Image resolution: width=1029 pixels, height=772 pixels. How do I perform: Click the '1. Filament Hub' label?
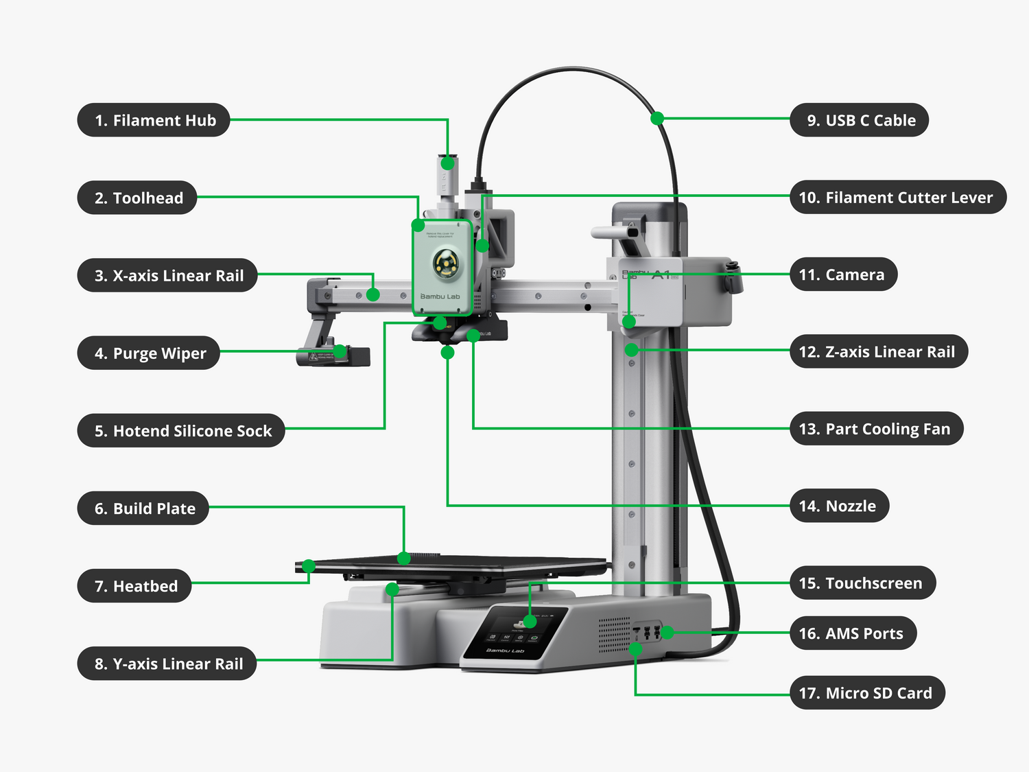(154, 120)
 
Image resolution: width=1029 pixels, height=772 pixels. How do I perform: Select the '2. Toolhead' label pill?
(137, 198)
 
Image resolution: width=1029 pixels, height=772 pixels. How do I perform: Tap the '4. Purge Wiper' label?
(149, 353)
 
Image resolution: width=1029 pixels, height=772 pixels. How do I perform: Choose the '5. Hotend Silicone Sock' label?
(181, 430)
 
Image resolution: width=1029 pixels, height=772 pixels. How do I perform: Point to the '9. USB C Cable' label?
(860, 120)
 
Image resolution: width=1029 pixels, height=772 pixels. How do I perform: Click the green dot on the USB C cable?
(657, 118)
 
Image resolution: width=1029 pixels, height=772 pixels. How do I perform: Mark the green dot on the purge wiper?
(340, 352)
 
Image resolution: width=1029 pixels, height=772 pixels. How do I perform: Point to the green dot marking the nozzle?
(447, 353)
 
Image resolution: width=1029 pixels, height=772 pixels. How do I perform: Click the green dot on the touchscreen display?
(530, 621)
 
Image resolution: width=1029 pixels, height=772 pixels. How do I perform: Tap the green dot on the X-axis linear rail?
(373, 294)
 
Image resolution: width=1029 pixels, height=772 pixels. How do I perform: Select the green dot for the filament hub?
(447, 163)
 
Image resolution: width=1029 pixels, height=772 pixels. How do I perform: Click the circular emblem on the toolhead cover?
(446, 264)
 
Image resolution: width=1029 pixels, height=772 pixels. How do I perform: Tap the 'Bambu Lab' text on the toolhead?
(440, 296)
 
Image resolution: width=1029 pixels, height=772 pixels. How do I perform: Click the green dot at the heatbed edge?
(309, 566)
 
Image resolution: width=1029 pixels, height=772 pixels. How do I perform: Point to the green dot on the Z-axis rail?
(632, 350)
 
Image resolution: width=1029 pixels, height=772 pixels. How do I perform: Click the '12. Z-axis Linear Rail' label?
(879, 351)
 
